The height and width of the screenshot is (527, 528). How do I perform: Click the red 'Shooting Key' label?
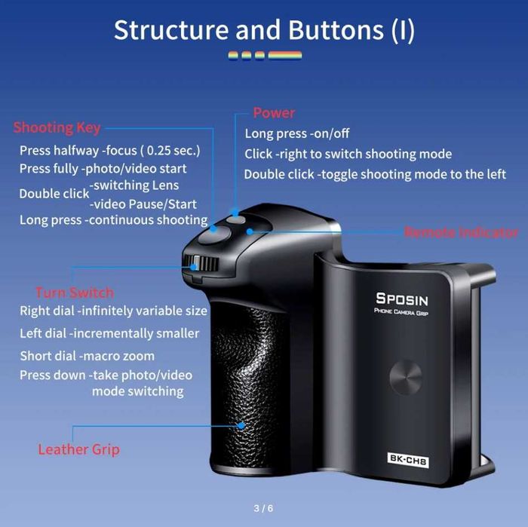coord(57,128)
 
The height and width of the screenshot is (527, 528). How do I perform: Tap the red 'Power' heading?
coord(274,113)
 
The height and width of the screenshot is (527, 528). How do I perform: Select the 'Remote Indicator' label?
coord(461,232)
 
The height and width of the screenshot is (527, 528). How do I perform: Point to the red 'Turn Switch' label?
coord(75,293)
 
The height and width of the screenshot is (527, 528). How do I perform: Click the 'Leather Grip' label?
coord(78,449)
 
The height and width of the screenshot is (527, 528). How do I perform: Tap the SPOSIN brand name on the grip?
coord(402,299)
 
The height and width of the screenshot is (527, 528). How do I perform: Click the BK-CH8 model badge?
coord(408,460)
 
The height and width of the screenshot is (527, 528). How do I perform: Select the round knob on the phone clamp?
coord(406,377)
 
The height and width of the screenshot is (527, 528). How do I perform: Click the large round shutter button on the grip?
coord(214,234)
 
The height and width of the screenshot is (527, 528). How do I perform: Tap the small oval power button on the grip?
coord(235,219)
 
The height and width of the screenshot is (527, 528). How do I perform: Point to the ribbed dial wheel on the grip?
coord(201,264)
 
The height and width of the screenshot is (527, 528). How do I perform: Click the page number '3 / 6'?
coord(263,508)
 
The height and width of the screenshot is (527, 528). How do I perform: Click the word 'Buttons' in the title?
coord(336,30)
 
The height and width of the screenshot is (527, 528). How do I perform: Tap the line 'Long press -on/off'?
coord(297,133)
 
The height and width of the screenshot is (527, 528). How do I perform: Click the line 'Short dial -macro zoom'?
coord(87,356)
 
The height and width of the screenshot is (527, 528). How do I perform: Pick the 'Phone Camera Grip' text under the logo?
coord(401,312)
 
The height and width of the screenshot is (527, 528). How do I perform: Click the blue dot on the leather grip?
coord(241,426)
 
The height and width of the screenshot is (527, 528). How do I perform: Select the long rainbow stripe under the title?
coord(285,55)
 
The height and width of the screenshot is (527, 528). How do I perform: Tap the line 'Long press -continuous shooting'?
coord(113,220)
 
